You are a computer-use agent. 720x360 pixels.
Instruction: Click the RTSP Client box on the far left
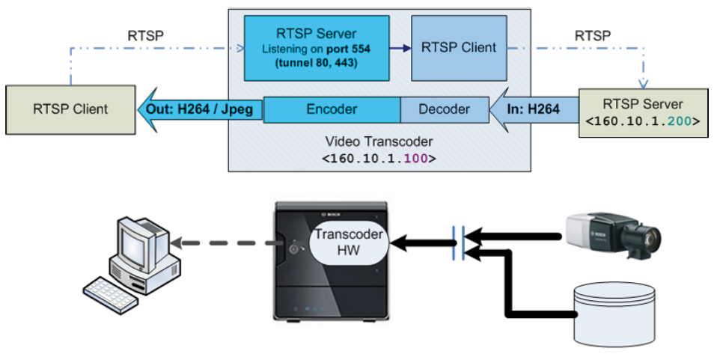pyautogui.click(x=70, y=109)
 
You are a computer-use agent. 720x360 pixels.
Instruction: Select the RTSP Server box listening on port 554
pyautogui.click(x=317, y=48)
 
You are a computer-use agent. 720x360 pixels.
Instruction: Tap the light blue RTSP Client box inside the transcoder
pyautogui.click(x=458, y=48)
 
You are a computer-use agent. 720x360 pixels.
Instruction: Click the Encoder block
pyautogui.click(x=332, y=109)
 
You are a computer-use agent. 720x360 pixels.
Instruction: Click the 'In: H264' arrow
pyautogui.click(x=533, y=109)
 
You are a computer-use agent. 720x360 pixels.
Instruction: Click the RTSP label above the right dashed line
pyautogui.click(x=592, y=34)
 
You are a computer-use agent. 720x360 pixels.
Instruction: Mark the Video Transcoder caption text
pyautogui.click(x=379, y=142)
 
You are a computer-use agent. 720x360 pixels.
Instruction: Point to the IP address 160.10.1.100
pyautogui.click(x=379, y=159)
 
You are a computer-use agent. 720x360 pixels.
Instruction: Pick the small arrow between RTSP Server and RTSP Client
pyautogui.click(x=400, y=48)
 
